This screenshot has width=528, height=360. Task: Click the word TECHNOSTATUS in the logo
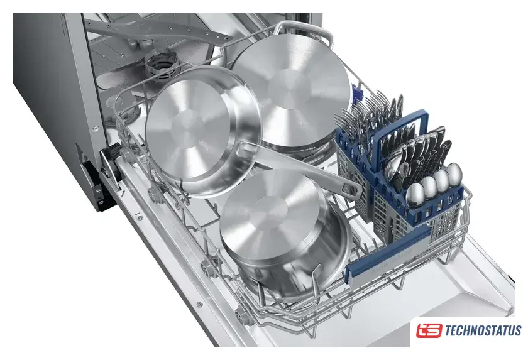click(x=483, y=330)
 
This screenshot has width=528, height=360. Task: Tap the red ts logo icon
click(x=429, y=330)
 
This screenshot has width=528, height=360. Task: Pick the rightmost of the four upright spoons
click(x=454, y=173)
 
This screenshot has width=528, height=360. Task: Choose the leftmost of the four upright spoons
click(x=415, y=194)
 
